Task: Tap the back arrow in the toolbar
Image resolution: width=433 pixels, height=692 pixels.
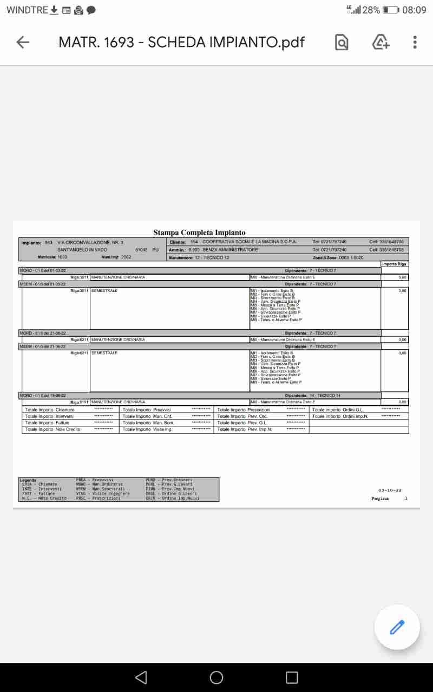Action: [23, 42]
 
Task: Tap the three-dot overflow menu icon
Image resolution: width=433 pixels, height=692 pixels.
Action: [415, 42]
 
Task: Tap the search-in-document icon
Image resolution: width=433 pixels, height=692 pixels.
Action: [342, 42]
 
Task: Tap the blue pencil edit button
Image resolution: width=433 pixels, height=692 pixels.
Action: [397, 627]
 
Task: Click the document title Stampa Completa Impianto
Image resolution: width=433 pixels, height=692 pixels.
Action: [199, 232]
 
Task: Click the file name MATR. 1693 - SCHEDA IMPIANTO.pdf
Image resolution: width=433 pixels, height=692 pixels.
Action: [181, 42]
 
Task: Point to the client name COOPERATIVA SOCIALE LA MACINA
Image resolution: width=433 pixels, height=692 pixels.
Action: [250, 242]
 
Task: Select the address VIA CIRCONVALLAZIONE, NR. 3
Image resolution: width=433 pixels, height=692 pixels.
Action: [90, 242]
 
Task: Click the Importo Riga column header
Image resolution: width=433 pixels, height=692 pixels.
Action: [394, 264]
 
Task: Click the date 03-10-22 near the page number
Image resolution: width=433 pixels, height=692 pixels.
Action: [390, 490]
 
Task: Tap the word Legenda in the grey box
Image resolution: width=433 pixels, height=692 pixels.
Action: [28, 480]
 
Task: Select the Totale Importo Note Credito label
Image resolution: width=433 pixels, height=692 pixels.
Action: [53, 429]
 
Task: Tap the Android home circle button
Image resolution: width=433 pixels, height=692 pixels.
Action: [216, 677]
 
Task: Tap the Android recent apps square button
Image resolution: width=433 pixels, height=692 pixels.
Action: [292, 677]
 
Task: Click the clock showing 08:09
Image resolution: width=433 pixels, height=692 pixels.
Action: [414, 10]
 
